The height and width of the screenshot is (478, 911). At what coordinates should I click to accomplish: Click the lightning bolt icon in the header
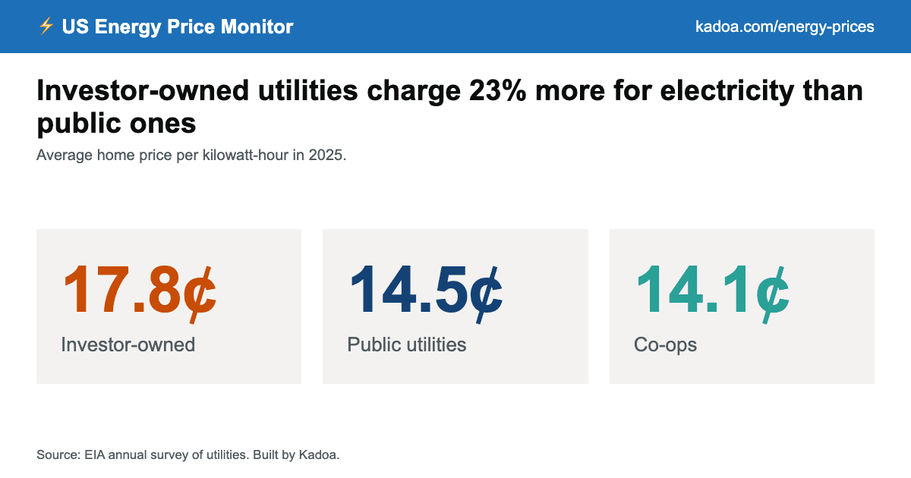point(46,26)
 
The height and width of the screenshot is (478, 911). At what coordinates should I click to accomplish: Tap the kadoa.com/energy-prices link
point(784,27)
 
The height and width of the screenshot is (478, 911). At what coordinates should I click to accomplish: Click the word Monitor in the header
point(257,27)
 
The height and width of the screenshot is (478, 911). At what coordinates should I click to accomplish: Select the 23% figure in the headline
point(497,90)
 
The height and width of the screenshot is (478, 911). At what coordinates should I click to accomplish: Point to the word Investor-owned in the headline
point(143,90)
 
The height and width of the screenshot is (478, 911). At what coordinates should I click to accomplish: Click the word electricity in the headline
point(727,91)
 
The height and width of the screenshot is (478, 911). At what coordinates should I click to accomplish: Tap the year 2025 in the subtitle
point(326,155)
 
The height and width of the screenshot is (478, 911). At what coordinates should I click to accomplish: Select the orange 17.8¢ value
point(140,292)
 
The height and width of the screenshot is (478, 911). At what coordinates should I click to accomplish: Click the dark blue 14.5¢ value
point(426,292)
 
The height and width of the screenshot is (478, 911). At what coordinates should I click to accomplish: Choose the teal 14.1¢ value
point(713,292)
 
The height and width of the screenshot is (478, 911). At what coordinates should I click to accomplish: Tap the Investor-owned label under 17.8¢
point(128,344)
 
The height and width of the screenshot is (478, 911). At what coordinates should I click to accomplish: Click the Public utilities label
point(407,344)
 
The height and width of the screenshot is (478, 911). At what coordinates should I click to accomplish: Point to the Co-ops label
point(665,345)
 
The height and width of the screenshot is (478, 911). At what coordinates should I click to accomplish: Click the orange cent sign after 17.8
point(200,294)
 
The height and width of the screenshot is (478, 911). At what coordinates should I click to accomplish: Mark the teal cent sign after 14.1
point(773,294)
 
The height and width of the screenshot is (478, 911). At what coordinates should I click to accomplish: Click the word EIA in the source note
point(94,454)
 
